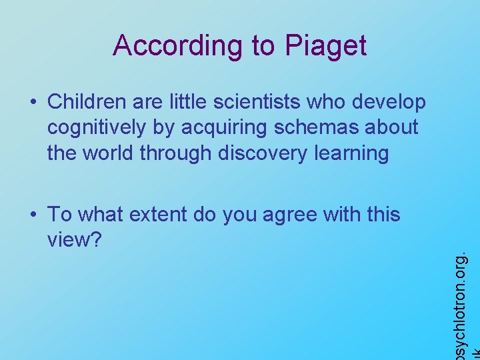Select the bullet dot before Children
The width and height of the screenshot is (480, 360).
pos(32,102)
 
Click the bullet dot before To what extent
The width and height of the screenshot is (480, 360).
pos(32,215)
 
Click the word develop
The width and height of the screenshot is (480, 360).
pos(389,102)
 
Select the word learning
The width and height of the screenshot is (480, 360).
pos(356,153)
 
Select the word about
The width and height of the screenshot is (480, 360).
pos(393,127)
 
